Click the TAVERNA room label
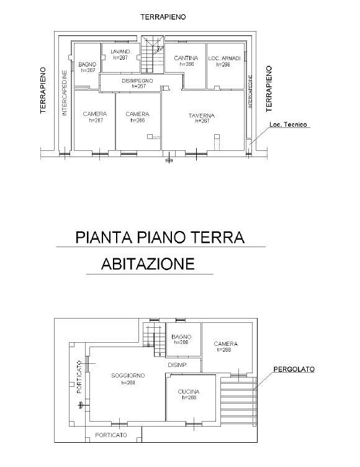pos(202,116)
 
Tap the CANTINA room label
pos(186,58)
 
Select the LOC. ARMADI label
pos(223,58)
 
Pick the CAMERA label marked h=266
pos(138,114)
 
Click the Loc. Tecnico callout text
pos(289,125)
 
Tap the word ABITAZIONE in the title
pos(148,264)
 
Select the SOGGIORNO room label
pos(128,376)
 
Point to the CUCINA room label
pos(189,392)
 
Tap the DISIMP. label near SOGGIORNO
pos(178,365)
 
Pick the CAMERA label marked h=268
pos(226,344)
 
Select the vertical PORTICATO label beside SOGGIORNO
pos(79,377)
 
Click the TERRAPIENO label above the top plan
pos(163,17)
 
